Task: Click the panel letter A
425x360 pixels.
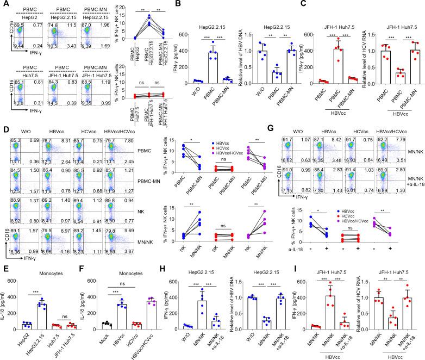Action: coord(4,4)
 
